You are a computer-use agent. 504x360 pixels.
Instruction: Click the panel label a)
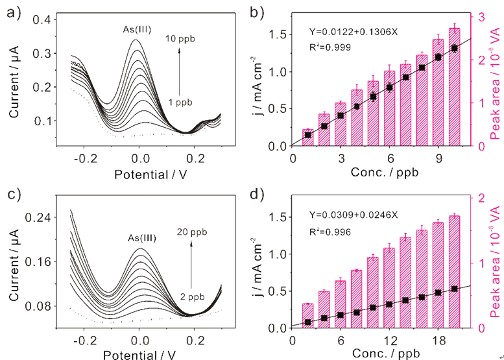11,11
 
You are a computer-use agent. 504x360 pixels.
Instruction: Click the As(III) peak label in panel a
138,30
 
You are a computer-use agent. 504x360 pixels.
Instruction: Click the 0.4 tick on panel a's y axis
42,20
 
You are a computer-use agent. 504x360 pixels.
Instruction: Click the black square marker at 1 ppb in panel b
308,134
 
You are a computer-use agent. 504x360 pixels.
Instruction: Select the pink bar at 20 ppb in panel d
454,272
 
